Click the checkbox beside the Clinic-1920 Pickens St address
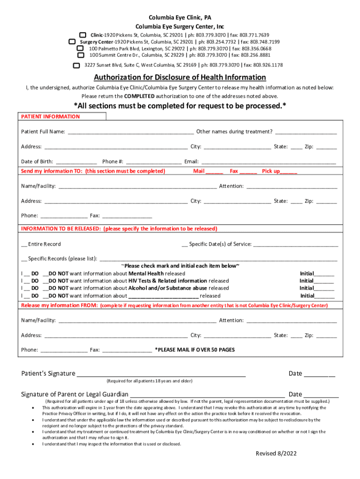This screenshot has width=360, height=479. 83,36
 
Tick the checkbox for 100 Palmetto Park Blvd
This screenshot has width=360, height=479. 80,49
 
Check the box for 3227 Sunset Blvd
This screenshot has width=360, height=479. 77,65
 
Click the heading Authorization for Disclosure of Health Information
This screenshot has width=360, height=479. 180,77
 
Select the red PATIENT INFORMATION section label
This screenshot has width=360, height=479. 50,116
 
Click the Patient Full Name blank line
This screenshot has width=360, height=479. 131,132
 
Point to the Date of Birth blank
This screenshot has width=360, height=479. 76,162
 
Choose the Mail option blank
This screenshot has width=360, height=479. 215,172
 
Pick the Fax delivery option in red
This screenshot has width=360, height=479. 243,171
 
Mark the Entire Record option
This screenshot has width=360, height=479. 41,244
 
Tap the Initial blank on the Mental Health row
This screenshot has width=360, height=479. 324,274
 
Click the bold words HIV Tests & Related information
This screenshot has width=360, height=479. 168,281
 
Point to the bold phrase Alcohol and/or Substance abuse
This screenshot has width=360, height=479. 168,288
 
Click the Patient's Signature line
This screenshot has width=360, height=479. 161,374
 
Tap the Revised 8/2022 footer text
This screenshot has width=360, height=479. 276,454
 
